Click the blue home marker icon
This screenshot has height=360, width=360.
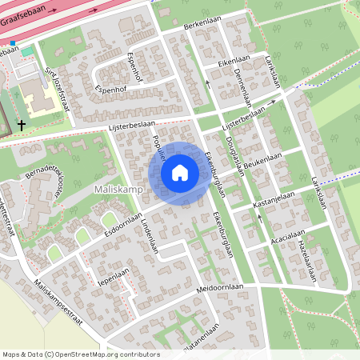tap(180, 173)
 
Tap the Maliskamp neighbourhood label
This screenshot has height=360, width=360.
tap(118, 189)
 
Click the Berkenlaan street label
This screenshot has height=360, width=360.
tap(201, 26)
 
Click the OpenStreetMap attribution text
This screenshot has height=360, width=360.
tap(81, 354)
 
